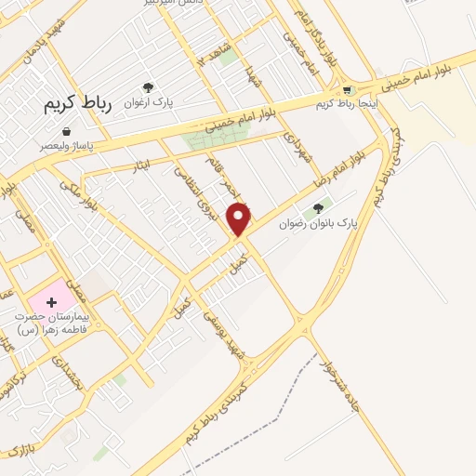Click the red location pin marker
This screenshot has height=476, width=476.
click(x=240, y=218)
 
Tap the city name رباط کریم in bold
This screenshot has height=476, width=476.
click(x=77, y=104)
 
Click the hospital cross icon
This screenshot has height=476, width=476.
click(x=51, y=303)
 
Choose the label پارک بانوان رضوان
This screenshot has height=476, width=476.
click(x=317, y=224)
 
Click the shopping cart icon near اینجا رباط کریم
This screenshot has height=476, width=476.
click(x=348, y=90)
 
